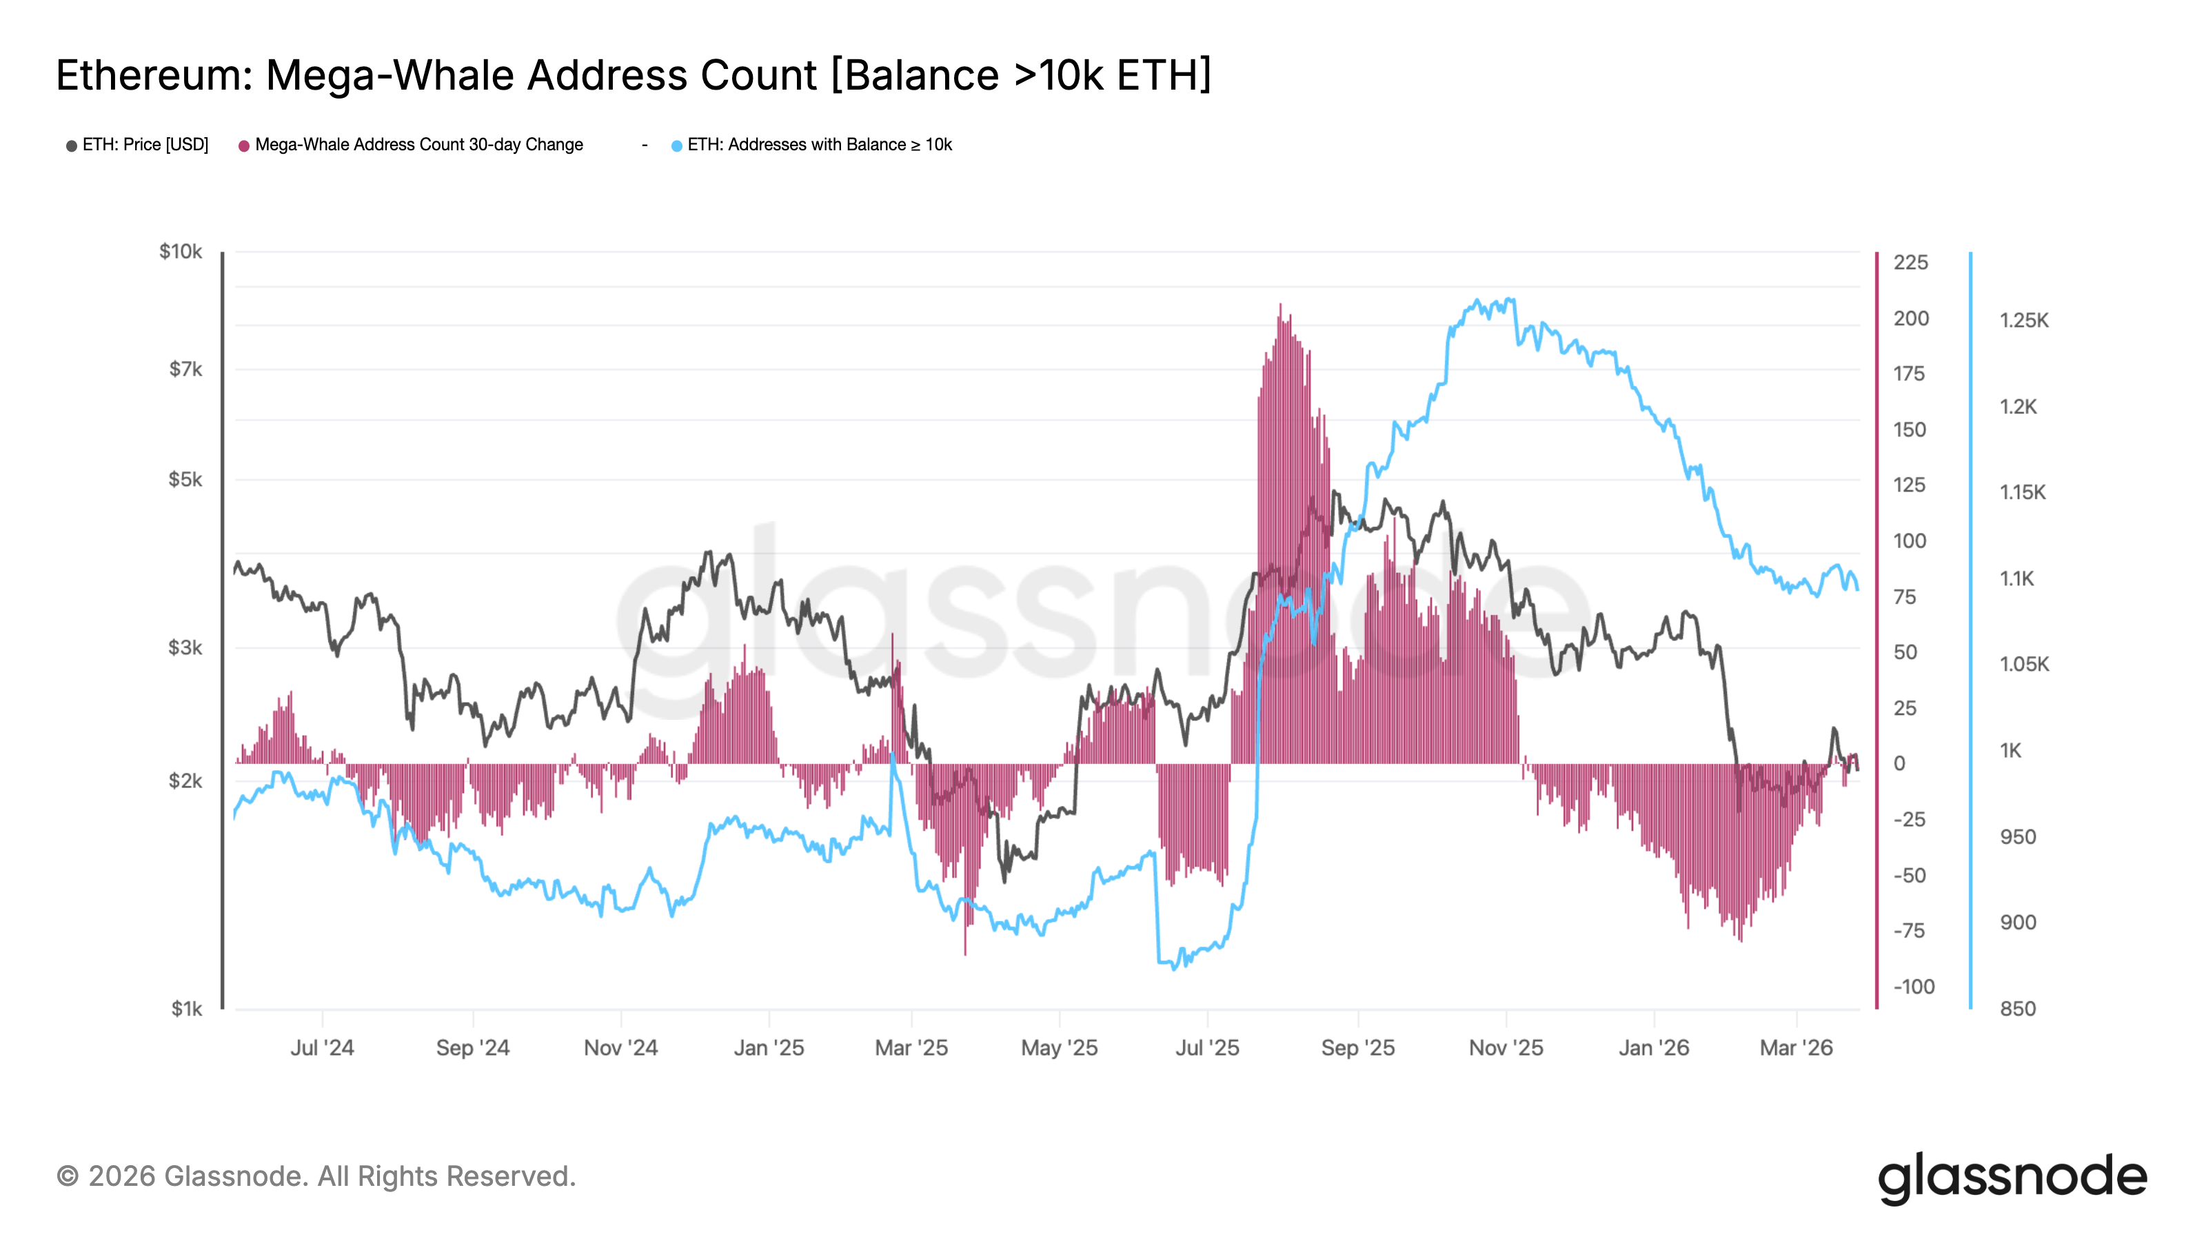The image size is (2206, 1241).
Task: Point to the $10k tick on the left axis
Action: [x=181, y=252]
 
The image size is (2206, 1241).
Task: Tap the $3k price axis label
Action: [x=185, y=647]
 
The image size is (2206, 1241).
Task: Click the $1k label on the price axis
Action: [x=186, y=1009]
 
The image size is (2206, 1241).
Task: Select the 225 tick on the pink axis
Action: [x=1910, y=263]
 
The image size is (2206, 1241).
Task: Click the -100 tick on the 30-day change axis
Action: [x=1913, y=987]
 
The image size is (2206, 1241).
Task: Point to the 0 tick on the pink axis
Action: [x=1899, y=764]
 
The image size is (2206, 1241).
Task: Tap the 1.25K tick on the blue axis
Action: [x=2023, y=321]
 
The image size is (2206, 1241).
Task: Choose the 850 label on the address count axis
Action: [x=2018, y=1009]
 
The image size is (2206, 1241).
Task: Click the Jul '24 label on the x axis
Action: [x=322, y=1047]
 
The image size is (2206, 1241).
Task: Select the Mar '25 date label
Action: [x=911, y=1047]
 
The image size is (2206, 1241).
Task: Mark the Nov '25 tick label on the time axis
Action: [x=1506, y=1047]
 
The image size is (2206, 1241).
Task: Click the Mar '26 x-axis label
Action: [x=1796, y=1047]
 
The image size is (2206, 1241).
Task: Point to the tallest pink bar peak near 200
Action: [x=1281, y=305]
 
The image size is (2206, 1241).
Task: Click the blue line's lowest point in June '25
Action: [x=1174, y=968]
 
